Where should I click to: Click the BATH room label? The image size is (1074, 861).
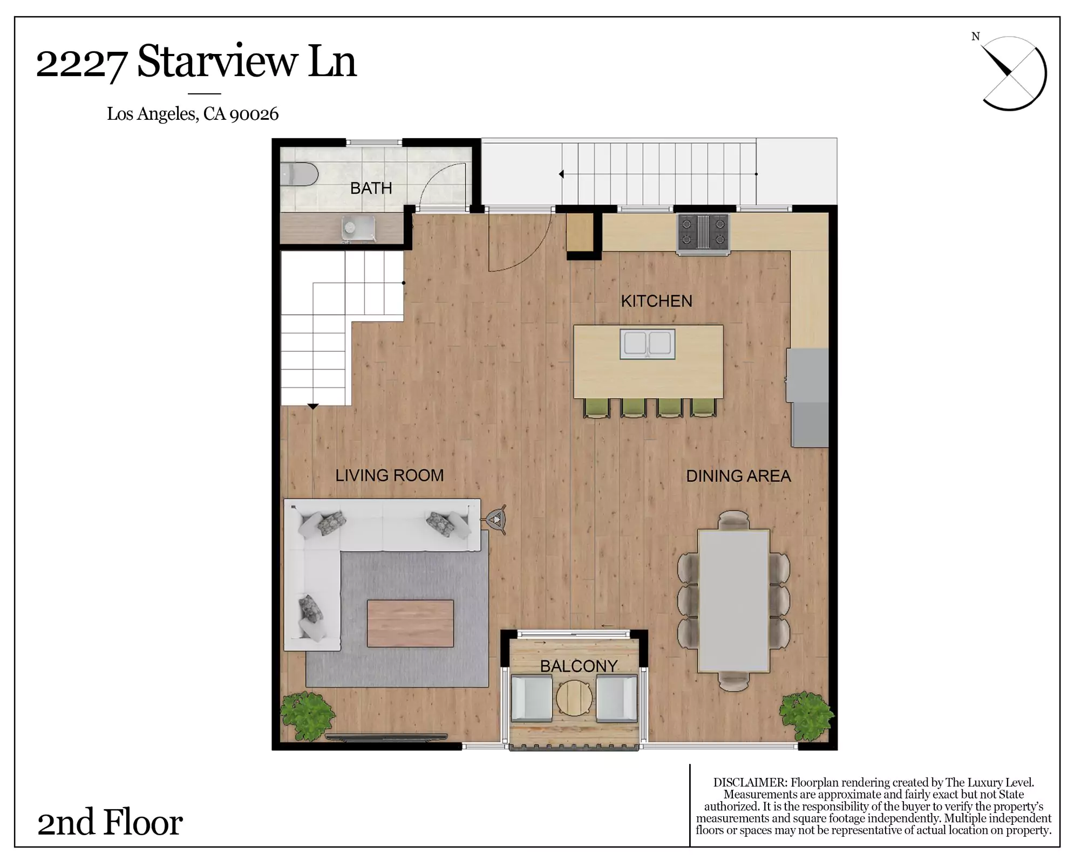[371, 188]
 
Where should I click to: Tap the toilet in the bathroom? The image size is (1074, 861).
[299, 174]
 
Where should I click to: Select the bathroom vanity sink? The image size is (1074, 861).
[358, 228]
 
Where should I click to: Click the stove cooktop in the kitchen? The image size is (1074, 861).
[703, 233]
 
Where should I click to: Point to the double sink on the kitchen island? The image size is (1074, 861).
[647, 344]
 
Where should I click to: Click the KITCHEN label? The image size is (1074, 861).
[656, 301]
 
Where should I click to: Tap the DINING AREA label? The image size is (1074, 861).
[738, 476]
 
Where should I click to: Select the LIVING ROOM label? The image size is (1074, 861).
[389, 475]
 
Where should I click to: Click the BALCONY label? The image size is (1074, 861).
[579, 666]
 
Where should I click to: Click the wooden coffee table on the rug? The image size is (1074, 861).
[410, 623]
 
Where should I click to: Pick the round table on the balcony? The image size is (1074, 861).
[574, 698]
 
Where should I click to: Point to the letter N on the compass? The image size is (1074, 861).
[975, 37]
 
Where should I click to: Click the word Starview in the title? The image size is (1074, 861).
[217, 62]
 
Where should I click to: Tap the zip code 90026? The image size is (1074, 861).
[254, 114]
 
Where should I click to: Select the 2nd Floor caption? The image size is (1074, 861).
[110, 822]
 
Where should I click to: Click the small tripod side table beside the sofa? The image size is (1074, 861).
[497, 520]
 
